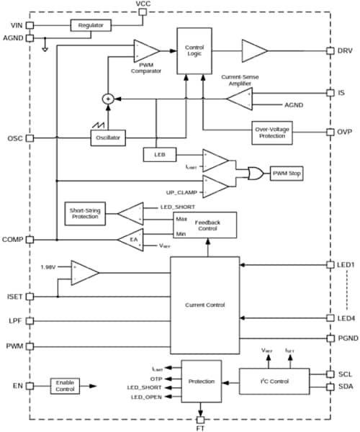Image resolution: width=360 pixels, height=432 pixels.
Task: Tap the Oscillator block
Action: (107, 137)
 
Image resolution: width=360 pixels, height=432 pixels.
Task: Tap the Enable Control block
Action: (65, 387)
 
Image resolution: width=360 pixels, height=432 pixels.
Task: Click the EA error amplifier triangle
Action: (131, 239)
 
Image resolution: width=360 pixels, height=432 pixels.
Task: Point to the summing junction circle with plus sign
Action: (108, 99)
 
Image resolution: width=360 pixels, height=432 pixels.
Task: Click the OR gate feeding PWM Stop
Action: (253, 174)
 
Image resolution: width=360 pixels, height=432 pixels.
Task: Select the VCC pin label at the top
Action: (143, 5)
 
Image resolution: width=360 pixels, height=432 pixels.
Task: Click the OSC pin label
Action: (14, 137)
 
